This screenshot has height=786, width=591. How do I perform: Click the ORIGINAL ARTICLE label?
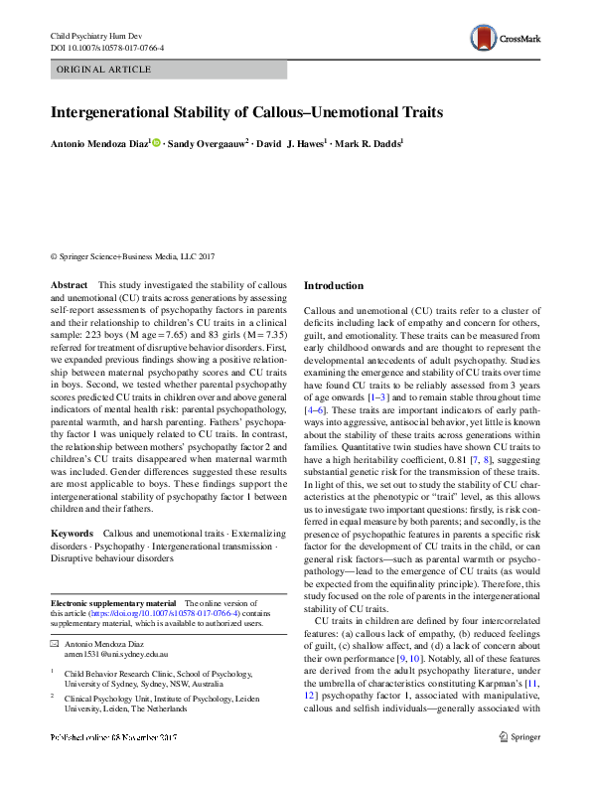pyautogui.click(x=104, y=71)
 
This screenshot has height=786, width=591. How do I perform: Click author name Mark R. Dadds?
pyautogui.click(x=368, y=144)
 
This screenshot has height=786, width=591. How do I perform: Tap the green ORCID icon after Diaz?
pyautogui.click(x=156, y=144)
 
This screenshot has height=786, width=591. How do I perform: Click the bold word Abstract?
pyautogui.click(x=69, y=285)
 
